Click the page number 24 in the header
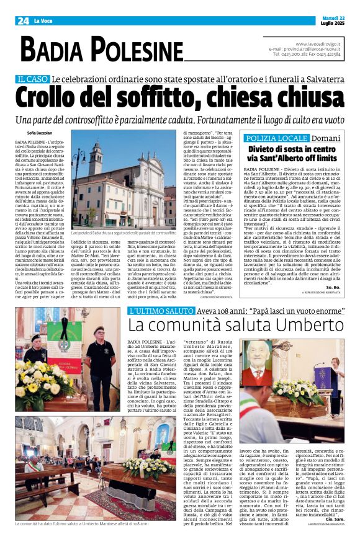23,20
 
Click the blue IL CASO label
33,79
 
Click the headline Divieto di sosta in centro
291,149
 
